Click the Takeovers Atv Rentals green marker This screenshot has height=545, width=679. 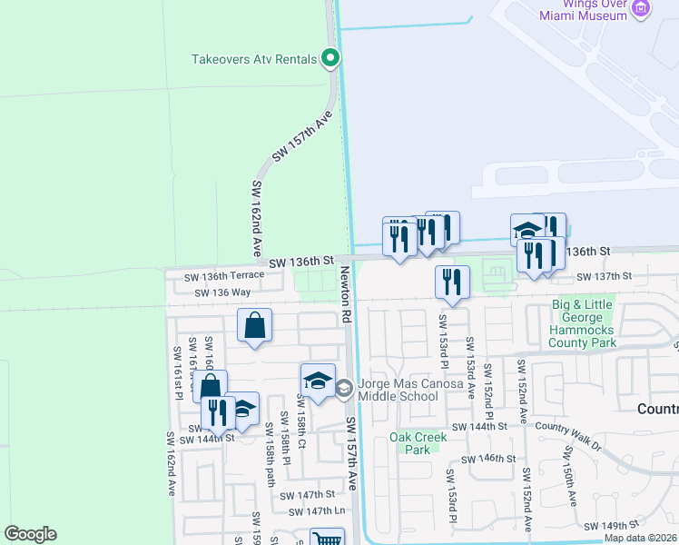tap(331, 60)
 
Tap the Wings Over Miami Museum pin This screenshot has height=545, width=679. tap(642, 8)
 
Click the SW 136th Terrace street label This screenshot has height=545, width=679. tap(224, 275)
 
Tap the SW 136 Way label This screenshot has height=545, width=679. tap(221, 292)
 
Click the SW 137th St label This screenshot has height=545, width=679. tap(600, 275)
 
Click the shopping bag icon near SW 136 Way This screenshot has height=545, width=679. tap(255, 325)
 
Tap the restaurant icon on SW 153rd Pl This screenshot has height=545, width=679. tap(452, 282)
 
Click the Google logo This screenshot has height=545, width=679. tap(31, 533)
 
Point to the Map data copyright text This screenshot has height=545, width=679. tap(641, 538)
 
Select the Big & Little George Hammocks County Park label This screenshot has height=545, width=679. tap(582, 324)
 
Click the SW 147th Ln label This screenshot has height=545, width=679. tap(318, 511)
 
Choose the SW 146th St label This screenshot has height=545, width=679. tap(494, 459)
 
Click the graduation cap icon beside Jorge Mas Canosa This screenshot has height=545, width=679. tap(318, 381)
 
